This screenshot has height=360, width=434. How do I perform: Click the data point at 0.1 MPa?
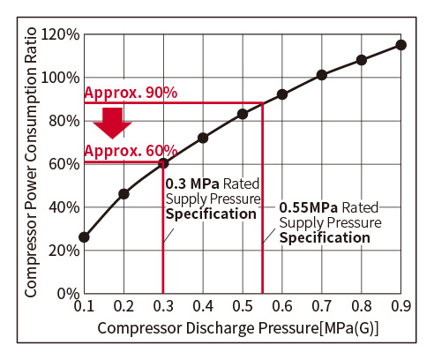[x=85, y=237]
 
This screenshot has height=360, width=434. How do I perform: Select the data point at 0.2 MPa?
[x=123, y=194]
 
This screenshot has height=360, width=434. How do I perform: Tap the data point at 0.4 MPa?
[x=203, y=138]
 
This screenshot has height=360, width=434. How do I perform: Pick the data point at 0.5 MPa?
[x=243, y=114]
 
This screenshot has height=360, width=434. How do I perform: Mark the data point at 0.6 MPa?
[x=282, y=94]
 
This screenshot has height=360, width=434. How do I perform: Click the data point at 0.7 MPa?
[x=322, y=75]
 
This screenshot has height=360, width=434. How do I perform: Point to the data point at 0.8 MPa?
[x=362, y=60]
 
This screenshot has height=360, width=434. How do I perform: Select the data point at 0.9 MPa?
[x=401, y=45]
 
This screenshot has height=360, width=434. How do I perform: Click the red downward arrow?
[x=112, y=123]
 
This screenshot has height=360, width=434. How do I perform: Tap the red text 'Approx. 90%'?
[x=131, y=93]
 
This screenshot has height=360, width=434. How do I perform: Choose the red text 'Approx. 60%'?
[x=131, y=151]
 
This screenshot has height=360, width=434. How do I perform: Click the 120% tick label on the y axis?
[x=60, y=34]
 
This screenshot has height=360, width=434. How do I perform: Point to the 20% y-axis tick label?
[x=64, y=251]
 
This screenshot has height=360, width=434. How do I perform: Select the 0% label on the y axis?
[x=68, y=294]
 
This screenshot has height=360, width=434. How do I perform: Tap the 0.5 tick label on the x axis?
[x=243, y=306]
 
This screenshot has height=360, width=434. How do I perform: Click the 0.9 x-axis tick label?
[x=401, y=306]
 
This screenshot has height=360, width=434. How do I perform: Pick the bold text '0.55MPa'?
[x=309, y=207]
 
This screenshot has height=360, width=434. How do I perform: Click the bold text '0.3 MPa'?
[x=192, y=184]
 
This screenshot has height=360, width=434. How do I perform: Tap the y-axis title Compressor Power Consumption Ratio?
[x=31, y=162]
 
